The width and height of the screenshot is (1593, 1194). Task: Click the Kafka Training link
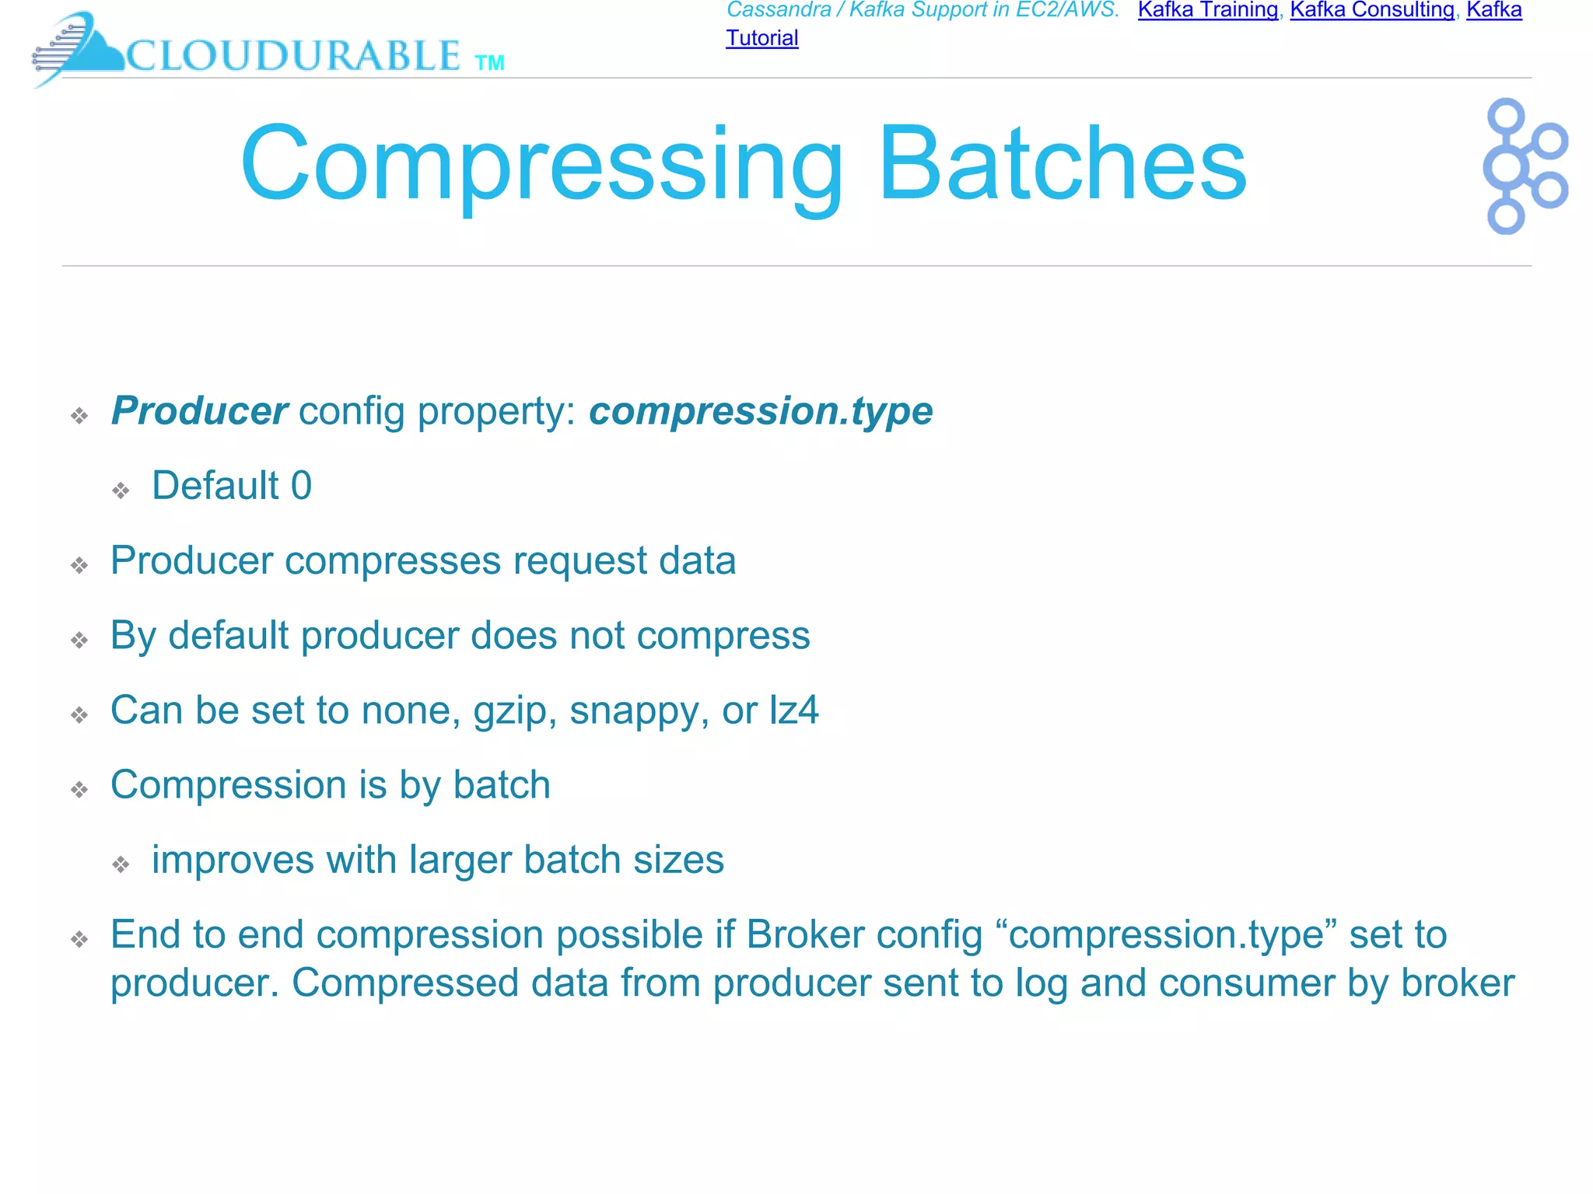[x=1207, y=10]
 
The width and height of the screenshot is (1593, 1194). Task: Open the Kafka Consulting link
[x=1372, y=10]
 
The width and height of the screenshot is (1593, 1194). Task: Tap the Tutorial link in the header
[x=761, y=38]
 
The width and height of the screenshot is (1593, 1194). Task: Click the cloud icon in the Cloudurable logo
[x=86, y=48]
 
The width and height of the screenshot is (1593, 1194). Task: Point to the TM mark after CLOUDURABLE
[x=489, y=63]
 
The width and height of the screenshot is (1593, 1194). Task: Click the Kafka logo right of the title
[x=1524, y=166]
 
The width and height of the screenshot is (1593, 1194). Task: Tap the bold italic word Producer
[x=199, y=410]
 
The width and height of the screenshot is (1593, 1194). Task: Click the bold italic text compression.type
[x=760, y=411]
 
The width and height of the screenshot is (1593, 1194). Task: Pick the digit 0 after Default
[x=301, y=486]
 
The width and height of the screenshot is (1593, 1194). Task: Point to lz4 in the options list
[x=793, y=710]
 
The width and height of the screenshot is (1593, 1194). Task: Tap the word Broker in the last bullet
[x=805, y=934]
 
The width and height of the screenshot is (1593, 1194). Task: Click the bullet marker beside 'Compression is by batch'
[x=79, y=791]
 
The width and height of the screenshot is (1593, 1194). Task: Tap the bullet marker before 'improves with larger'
[x=121, y=864]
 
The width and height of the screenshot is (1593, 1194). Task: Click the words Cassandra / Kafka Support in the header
[x=856, y=10]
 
